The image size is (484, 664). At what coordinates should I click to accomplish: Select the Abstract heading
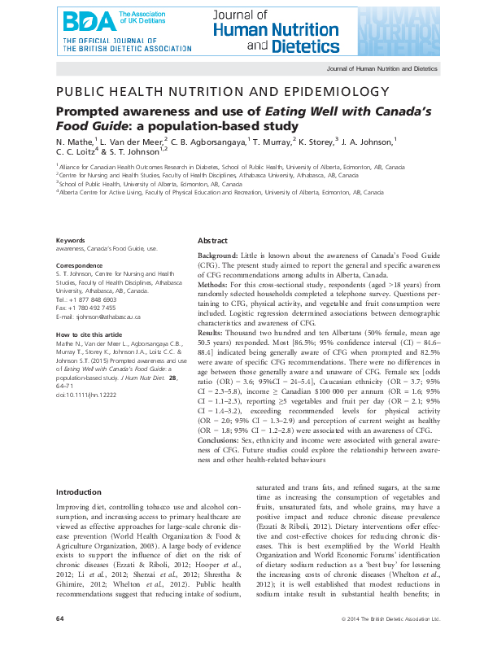[x=212, y=241]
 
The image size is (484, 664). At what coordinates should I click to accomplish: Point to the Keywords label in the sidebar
[x=69, y=240]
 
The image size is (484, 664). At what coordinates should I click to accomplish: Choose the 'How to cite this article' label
[x=89, y=334]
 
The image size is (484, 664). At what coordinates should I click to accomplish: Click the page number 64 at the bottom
[x=59, y=641]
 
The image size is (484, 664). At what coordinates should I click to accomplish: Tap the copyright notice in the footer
[x=390, y=641]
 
